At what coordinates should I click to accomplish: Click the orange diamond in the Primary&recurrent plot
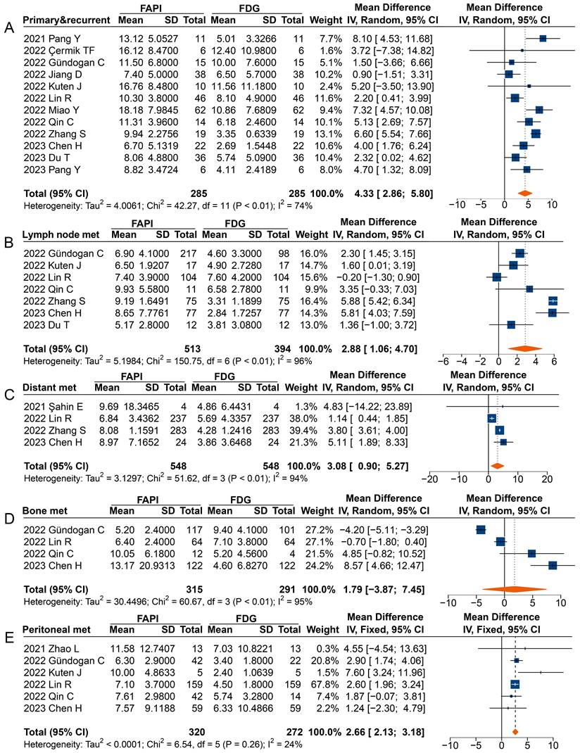tap(524, 192)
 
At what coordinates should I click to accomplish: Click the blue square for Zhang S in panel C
tap(500, 430)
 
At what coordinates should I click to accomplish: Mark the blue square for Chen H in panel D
tap(553, 565)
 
